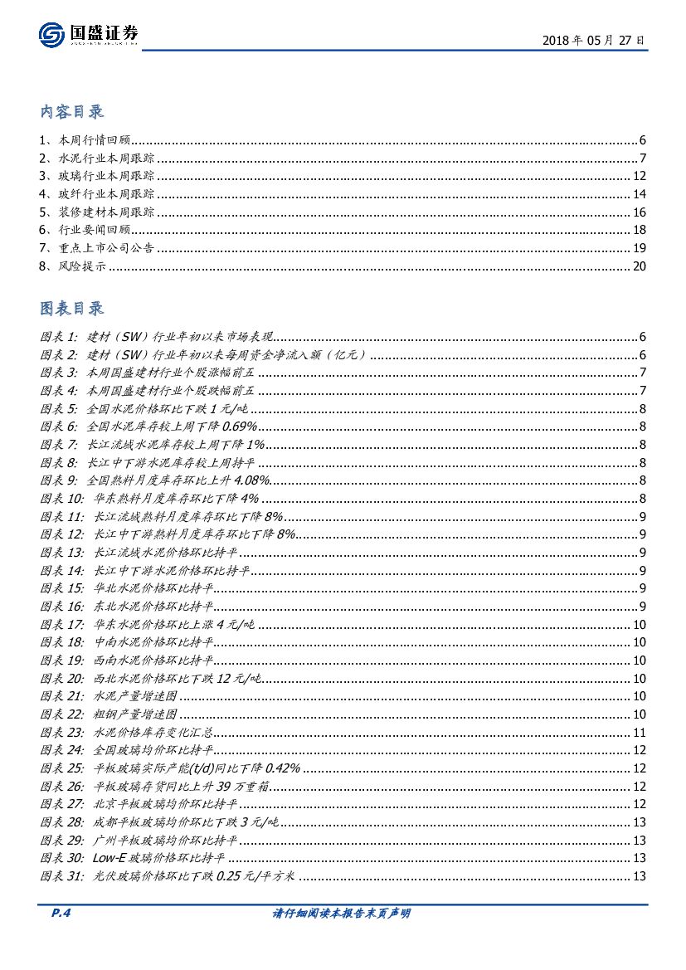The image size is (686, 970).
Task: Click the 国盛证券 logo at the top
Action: pyautogui.click(x=89, y=36)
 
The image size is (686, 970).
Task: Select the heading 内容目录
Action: pyautogui.click(x=72, y=112)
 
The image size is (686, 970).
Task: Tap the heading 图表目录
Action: pyautogui.click(x=72, y=309)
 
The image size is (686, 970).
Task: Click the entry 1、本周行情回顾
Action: pyautogui.click(x=85, y=140)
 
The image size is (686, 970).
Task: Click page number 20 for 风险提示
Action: pyautogui.click(x=639, y=266)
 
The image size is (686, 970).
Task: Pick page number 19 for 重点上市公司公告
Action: pyautogui.click(x=639, y=248)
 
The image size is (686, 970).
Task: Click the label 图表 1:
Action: pyautogui.click(x=58, y=337)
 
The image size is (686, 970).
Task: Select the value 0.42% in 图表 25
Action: pyautogui.click(x=282, y=768)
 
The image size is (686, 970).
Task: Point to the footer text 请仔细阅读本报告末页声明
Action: pyautogui.click(x=342, y=914)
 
